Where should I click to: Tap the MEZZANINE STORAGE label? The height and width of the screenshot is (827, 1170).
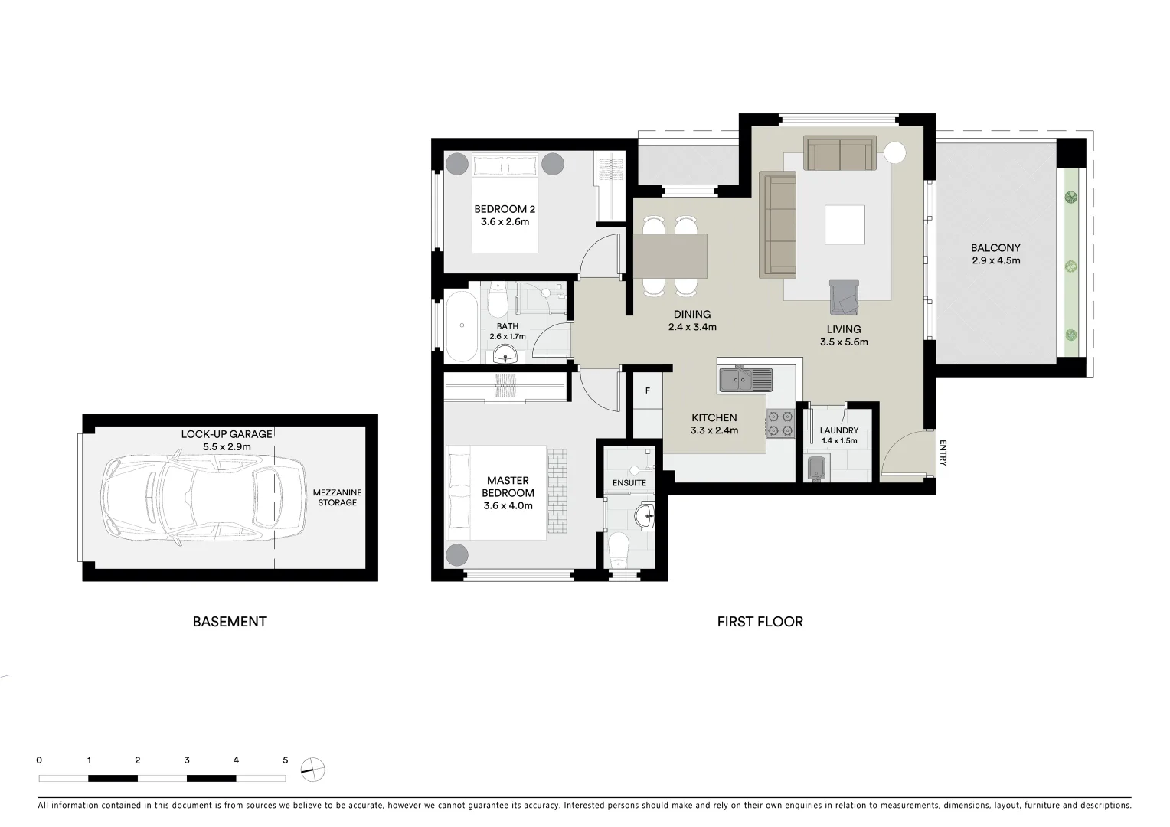pos(337,498)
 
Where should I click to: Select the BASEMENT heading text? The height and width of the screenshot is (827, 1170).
pos(230,622)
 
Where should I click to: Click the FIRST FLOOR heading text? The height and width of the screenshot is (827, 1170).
pos(760,622)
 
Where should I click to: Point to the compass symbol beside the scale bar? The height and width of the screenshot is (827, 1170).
pos(312,769)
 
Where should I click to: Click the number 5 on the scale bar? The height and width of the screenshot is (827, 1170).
pos(285,760)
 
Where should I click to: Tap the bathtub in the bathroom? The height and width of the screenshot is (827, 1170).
pos(462,325)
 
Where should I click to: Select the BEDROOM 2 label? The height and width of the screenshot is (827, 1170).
pos(505,215)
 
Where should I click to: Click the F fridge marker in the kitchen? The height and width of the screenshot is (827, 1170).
pos(648,391)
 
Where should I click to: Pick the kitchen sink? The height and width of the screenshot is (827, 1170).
pos(744,379)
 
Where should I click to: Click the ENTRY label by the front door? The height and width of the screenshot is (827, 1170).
pos(943,452)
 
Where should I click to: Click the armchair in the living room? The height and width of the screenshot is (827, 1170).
pos(844,297)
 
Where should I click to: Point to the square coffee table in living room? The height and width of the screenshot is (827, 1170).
pos(845,224)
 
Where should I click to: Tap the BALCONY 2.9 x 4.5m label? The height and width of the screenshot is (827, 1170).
pos(995,253)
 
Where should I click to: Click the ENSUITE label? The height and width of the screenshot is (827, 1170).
pos(629,483)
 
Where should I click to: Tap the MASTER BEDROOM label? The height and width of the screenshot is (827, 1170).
pos(508,493)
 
